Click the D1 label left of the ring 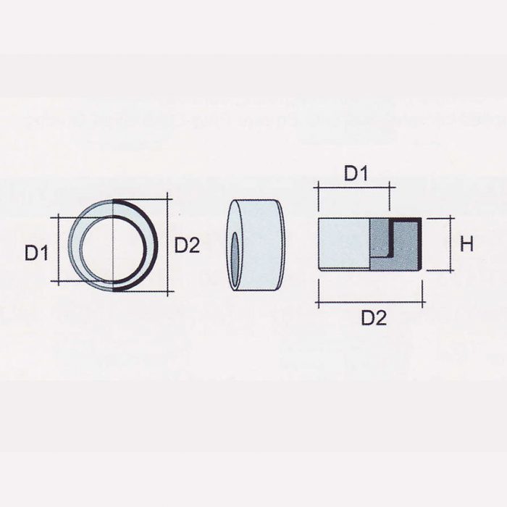[x=36, y=253]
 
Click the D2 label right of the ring [x=186, y=246]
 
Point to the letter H [x=466, y=244]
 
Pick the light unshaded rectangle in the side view [x=344, y=243]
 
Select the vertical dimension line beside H [x=453, y=244]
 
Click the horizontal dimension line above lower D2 [x=370, y=301]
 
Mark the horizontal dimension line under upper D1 [x=353, y=188]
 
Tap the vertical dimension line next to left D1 [x=56, y=250]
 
